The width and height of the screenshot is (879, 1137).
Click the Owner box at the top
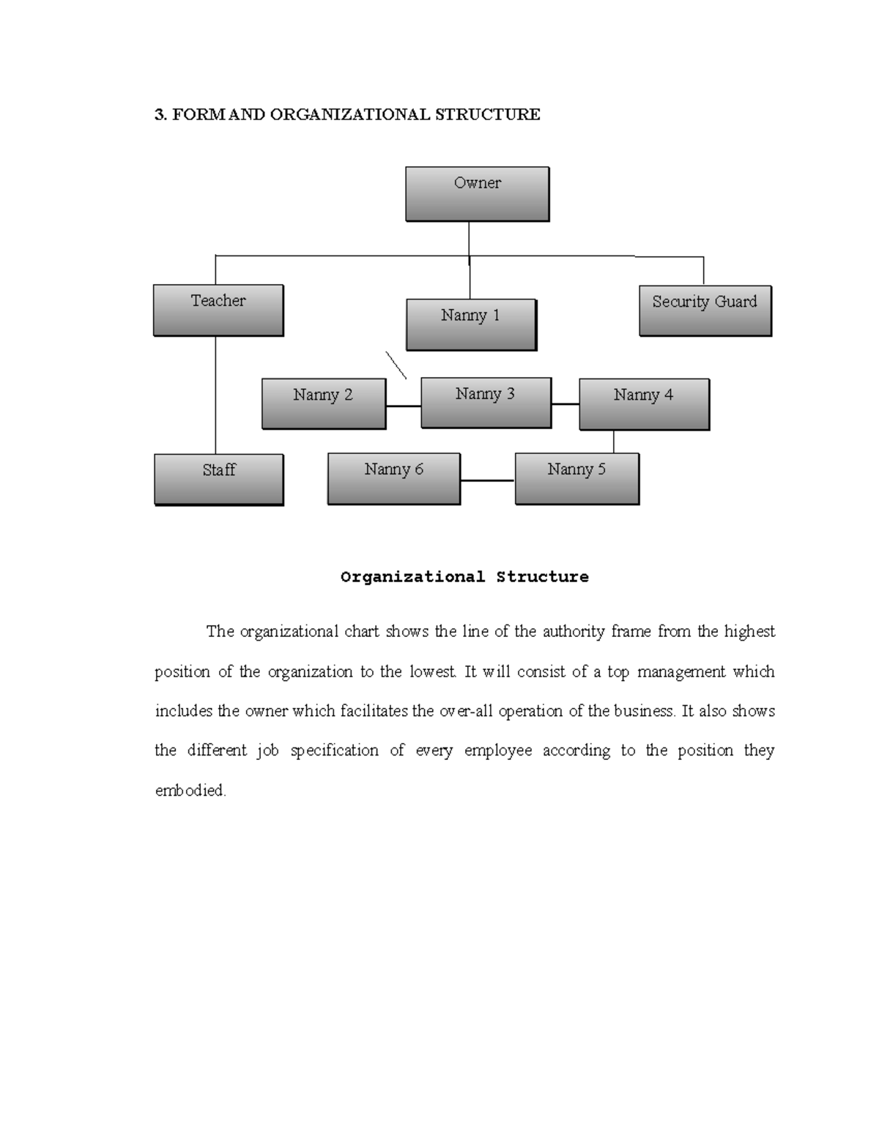click(x=477, y=194)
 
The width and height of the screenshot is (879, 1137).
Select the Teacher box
click(x=218, y=310)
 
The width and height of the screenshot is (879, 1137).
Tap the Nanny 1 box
click(x=471, y=324)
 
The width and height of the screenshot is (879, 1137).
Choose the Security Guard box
click(x=705, y=311)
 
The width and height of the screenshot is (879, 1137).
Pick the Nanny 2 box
click(x=323, y=403)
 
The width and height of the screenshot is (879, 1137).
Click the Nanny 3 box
click(x=486, y=403)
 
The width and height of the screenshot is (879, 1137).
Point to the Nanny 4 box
click(x=644, y=404)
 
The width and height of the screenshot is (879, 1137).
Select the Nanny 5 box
click(x=576, y=479)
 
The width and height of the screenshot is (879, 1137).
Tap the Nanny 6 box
click(x=393, y=479)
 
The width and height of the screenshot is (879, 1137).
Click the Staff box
click(x=218, y=480)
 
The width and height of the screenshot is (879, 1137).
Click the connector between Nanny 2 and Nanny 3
click(x=403, y=406)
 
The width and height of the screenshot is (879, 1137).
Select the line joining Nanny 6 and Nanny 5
click(x=487, y=481)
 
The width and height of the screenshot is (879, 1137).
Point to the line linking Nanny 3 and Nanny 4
click(x=565, y=404)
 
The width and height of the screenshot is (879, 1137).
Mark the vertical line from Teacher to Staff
click(x=215, y=395)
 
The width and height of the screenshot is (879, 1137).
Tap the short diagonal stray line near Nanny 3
click(x=396, y=365)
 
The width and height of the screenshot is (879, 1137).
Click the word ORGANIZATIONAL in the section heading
click(x=350, y=114)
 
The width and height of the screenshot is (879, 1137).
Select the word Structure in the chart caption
click(x=542, y=577)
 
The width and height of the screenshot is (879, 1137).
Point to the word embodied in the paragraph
click(x=190, y=791)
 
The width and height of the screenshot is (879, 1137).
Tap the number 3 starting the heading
click(x=158, y=114)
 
